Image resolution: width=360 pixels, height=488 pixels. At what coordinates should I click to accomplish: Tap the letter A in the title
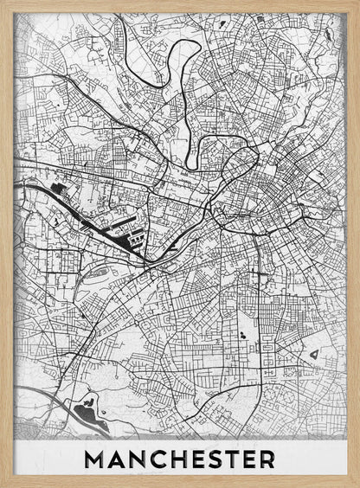pos(117,458)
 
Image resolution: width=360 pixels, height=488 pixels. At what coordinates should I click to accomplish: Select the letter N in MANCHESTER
pos(138,458)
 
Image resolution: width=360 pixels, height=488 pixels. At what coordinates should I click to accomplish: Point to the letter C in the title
pos(158,458)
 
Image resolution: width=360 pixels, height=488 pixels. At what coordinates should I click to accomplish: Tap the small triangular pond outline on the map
pos(313,353)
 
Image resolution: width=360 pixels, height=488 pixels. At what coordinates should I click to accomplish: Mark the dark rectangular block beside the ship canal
pos(60,188)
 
